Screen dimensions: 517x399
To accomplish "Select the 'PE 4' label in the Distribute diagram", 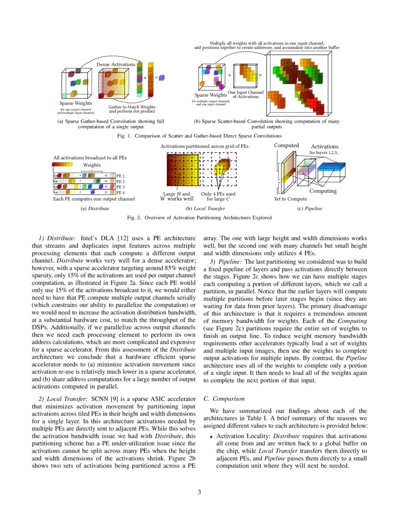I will tap(121, 193).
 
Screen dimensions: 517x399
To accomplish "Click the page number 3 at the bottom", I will tap(199, 493).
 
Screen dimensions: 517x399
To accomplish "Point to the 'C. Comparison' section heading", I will tap(224, 399).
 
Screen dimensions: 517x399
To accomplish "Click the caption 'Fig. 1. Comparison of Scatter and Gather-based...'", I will tap(199, 135).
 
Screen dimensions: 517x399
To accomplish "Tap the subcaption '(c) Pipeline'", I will tap(310, 208).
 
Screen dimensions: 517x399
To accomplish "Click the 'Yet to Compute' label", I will tap(290, 199).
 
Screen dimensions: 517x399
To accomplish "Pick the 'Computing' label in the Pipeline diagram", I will tap(322, 191).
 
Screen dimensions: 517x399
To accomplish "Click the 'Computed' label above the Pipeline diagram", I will tap(286, 145).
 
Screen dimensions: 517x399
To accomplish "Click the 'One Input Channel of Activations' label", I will tap(245, 95).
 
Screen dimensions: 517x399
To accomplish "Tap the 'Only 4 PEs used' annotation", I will tap(218, 194).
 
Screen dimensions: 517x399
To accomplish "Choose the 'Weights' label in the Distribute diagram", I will tap(92, 165).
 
